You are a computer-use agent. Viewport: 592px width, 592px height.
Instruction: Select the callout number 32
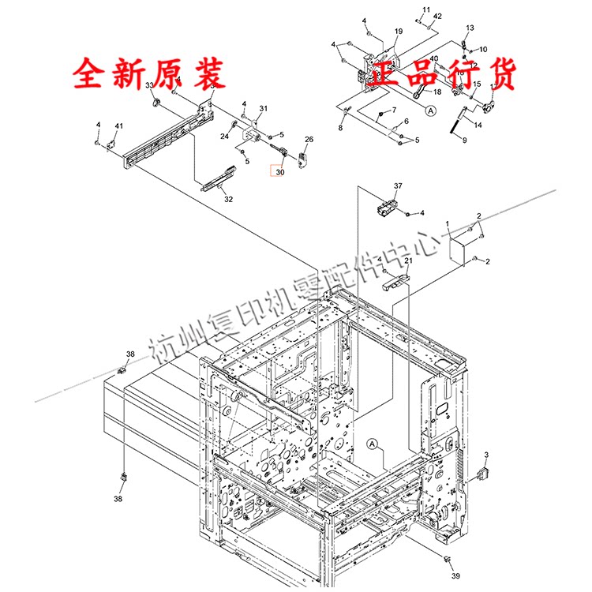228,199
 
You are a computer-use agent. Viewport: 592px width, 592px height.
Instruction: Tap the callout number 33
150,85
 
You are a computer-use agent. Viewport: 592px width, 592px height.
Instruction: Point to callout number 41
119,126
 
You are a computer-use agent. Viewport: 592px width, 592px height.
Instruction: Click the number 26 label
309,140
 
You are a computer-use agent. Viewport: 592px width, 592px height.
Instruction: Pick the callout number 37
398,186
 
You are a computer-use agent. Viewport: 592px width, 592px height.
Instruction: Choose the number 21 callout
409,261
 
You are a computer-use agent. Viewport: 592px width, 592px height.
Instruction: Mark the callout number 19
399,31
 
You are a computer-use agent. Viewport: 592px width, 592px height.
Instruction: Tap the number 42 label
437,16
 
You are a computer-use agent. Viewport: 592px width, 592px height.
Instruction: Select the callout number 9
464,140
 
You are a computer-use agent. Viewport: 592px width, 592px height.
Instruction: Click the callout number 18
437,92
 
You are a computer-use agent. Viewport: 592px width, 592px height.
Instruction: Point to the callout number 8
341,128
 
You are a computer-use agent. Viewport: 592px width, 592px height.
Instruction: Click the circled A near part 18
431,111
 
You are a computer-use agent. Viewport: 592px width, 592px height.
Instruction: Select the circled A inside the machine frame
372,445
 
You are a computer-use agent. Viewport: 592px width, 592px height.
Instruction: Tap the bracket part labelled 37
386,208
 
